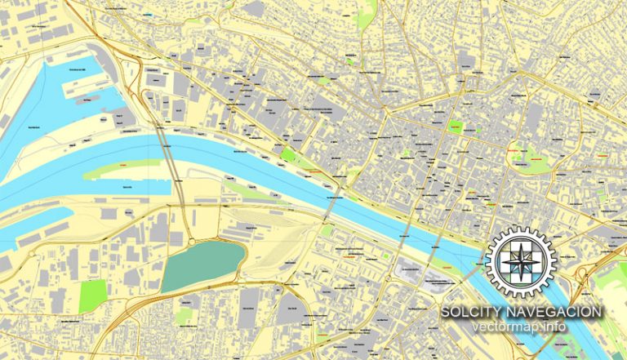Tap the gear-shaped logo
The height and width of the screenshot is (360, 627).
[519, 262]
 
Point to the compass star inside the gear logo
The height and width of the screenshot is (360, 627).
[519, 262]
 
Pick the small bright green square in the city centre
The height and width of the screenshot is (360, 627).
[456, 127]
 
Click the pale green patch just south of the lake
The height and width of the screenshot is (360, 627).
[185, 313]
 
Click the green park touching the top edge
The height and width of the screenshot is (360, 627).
[365, 10]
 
